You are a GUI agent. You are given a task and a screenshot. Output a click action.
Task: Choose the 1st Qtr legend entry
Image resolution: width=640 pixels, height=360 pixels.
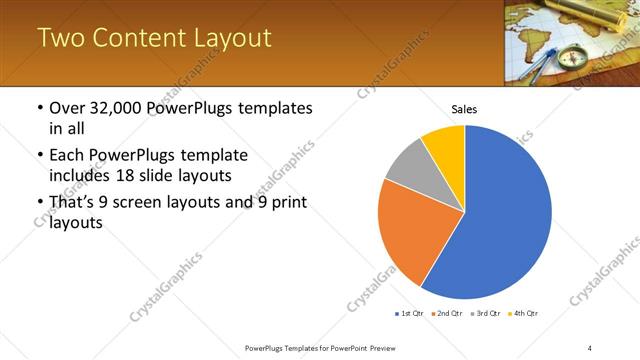pos(411,314)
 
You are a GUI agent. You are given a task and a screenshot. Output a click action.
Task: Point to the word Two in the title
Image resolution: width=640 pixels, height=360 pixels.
pos(57,38)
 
